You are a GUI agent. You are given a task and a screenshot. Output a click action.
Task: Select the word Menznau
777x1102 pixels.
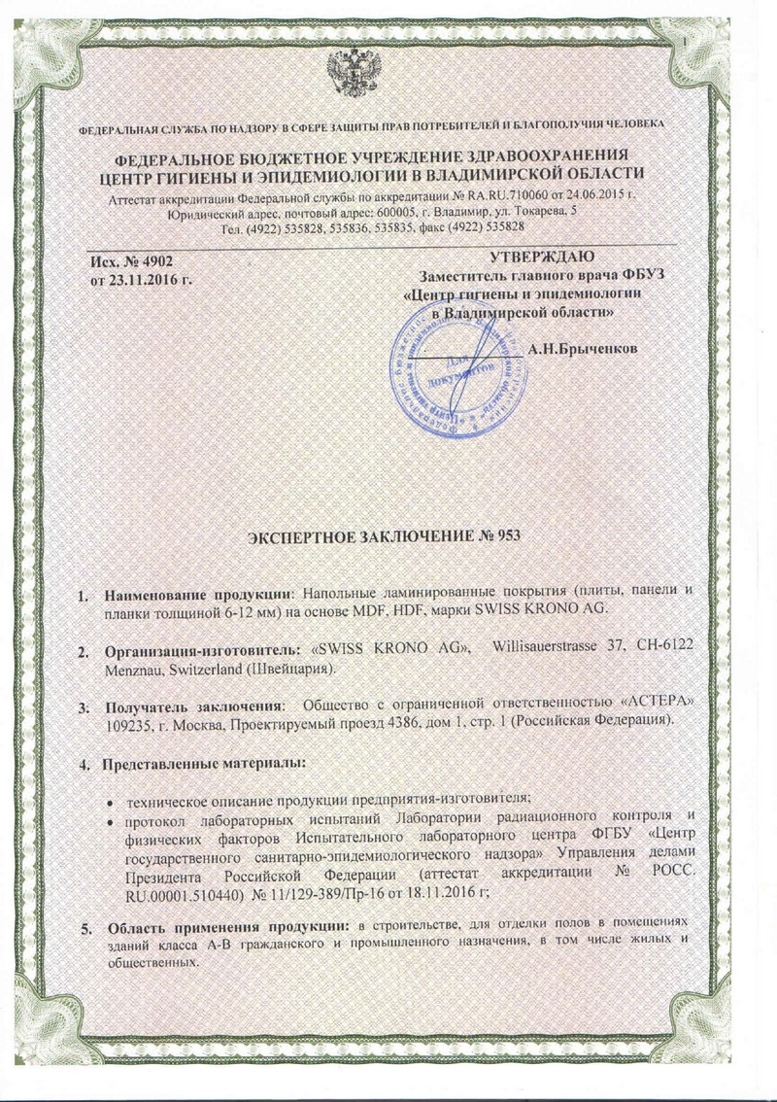click(136, 669)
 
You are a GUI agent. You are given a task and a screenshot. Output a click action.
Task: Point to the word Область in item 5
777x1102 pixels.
click(136, 918)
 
